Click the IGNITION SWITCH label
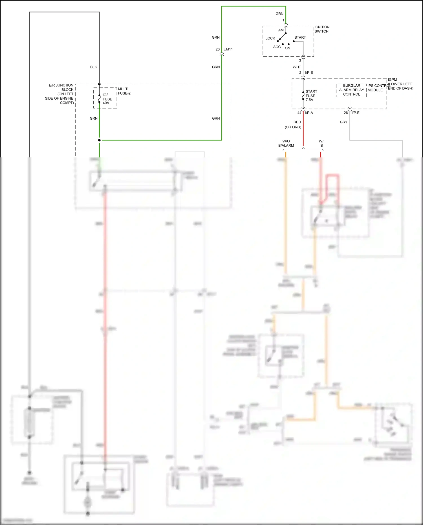322,29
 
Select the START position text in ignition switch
300,38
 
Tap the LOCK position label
270,38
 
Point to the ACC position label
277,47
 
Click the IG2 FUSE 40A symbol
100,99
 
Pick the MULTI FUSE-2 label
124,91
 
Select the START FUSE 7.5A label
311,96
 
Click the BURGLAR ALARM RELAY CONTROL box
351,90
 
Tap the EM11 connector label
228,49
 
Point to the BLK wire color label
94,67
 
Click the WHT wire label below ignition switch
297,67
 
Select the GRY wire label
343,122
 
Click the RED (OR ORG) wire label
294,125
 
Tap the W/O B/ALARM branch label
286,143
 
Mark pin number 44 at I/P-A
299,113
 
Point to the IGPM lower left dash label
400,84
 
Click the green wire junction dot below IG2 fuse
99,140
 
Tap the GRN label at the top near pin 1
279,14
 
